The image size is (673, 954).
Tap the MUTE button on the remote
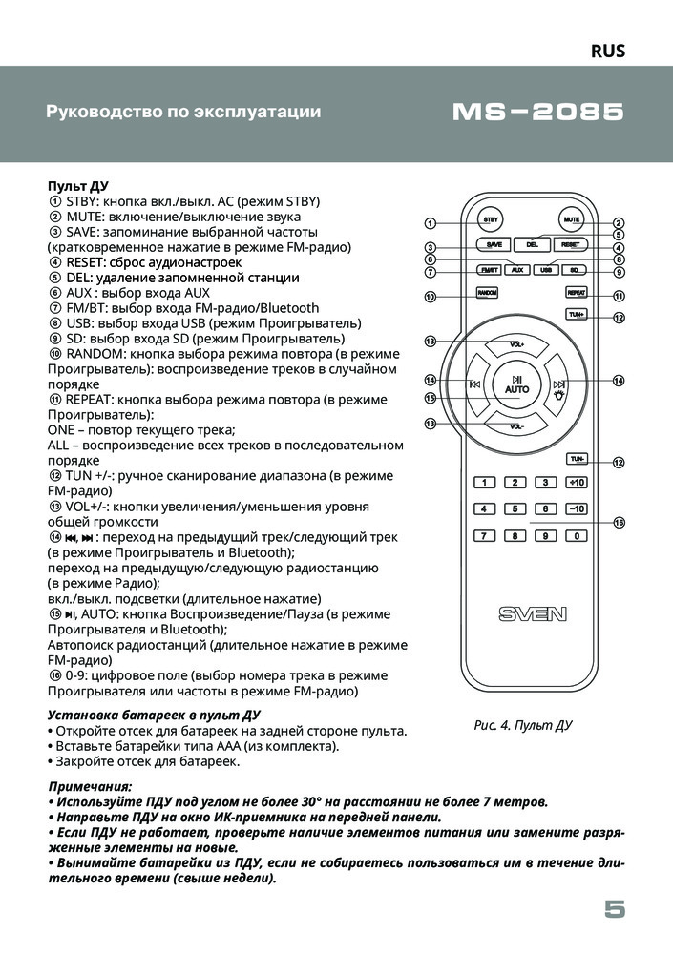[571, 220]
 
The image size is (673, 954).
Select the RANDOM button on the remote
[488, 294]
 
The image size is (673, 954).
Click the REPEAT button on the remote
[577, 294]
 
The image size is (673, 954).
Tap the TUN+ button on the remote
[577, 314]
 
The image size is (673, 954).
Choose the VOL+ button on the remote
[516, 344]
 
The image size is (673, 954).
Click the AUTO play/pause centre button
[516, 384]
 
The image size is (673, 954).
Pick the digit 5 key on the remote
[515, 508]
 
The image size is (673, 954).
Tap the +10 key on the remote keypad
[576, 483]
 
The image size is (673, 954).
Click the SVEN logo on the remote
[532, 613]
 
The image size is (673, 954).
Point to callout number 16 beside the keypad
[619, 523]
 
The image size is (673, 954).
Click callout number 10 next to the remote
[431, 297]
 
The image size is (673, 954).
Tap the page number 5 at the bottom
[615, 909]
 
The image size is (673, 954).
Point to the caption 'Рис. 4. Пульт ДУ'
[523, 725]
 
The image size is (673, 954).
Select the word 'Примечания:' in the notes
[91, 785]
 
